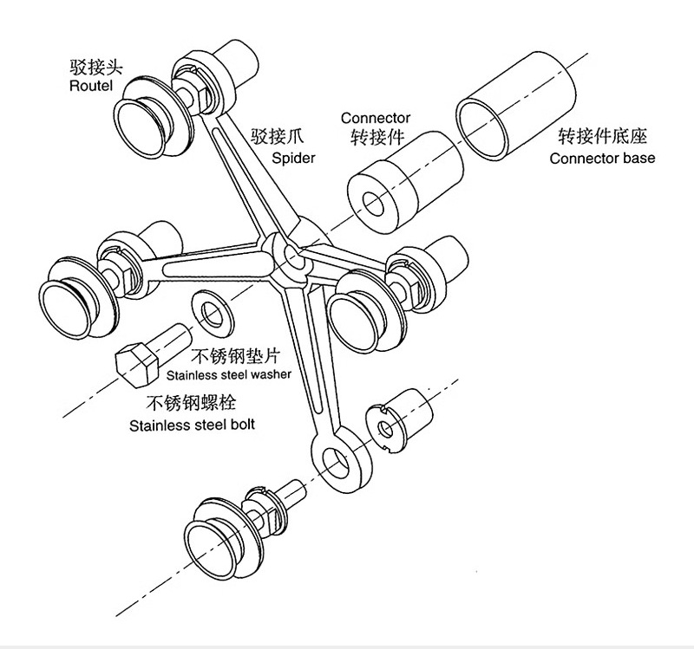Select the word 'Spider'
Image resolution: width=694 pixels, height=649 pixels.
pos(293,158)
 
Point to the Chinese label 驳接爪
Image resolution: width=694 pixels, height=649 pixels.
pos(274,136)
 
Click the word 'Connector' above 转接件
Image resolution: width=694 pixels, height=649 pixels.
pos(375,118)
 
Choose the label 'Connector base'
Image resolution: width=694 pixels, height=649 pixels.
pos(602,158)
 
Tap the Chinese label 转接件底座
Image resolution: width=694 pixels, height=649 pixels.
pos(603,137)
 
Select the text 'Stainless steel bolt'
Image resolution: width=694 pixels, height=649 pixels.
pos(192,425)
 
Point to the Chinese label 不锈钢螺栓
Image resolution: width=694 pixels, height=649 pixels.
pos(190,402)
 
